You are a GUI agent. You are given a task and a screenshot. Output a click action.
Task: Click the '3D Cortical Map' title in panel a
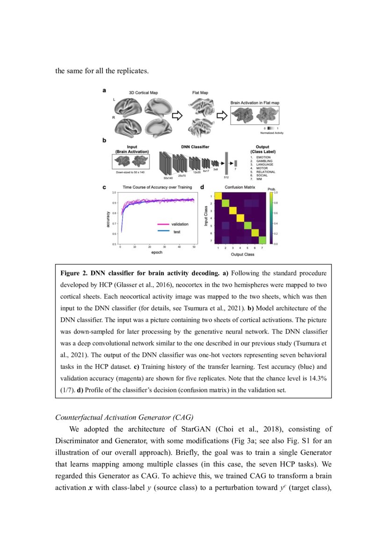[143, 93]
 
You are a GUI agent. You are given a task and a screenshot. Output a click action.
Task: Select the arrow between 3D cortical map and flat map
[178, 116]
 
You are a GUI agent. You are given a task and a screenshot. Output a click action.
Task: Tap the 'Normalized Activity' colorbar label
[272, 133]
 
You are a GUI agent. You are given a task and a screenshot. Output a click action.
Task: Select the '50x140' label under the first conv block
[168, 178]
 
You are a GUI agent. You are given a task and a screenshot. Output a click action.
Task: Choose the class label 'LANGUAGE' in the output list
[265, 164]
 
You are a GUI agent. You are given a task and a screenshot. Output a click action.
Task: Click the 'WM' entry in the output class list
[259, 179]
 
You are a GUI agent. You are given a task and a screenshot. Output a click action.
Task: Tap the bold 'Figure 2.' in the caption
[74, 272]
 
